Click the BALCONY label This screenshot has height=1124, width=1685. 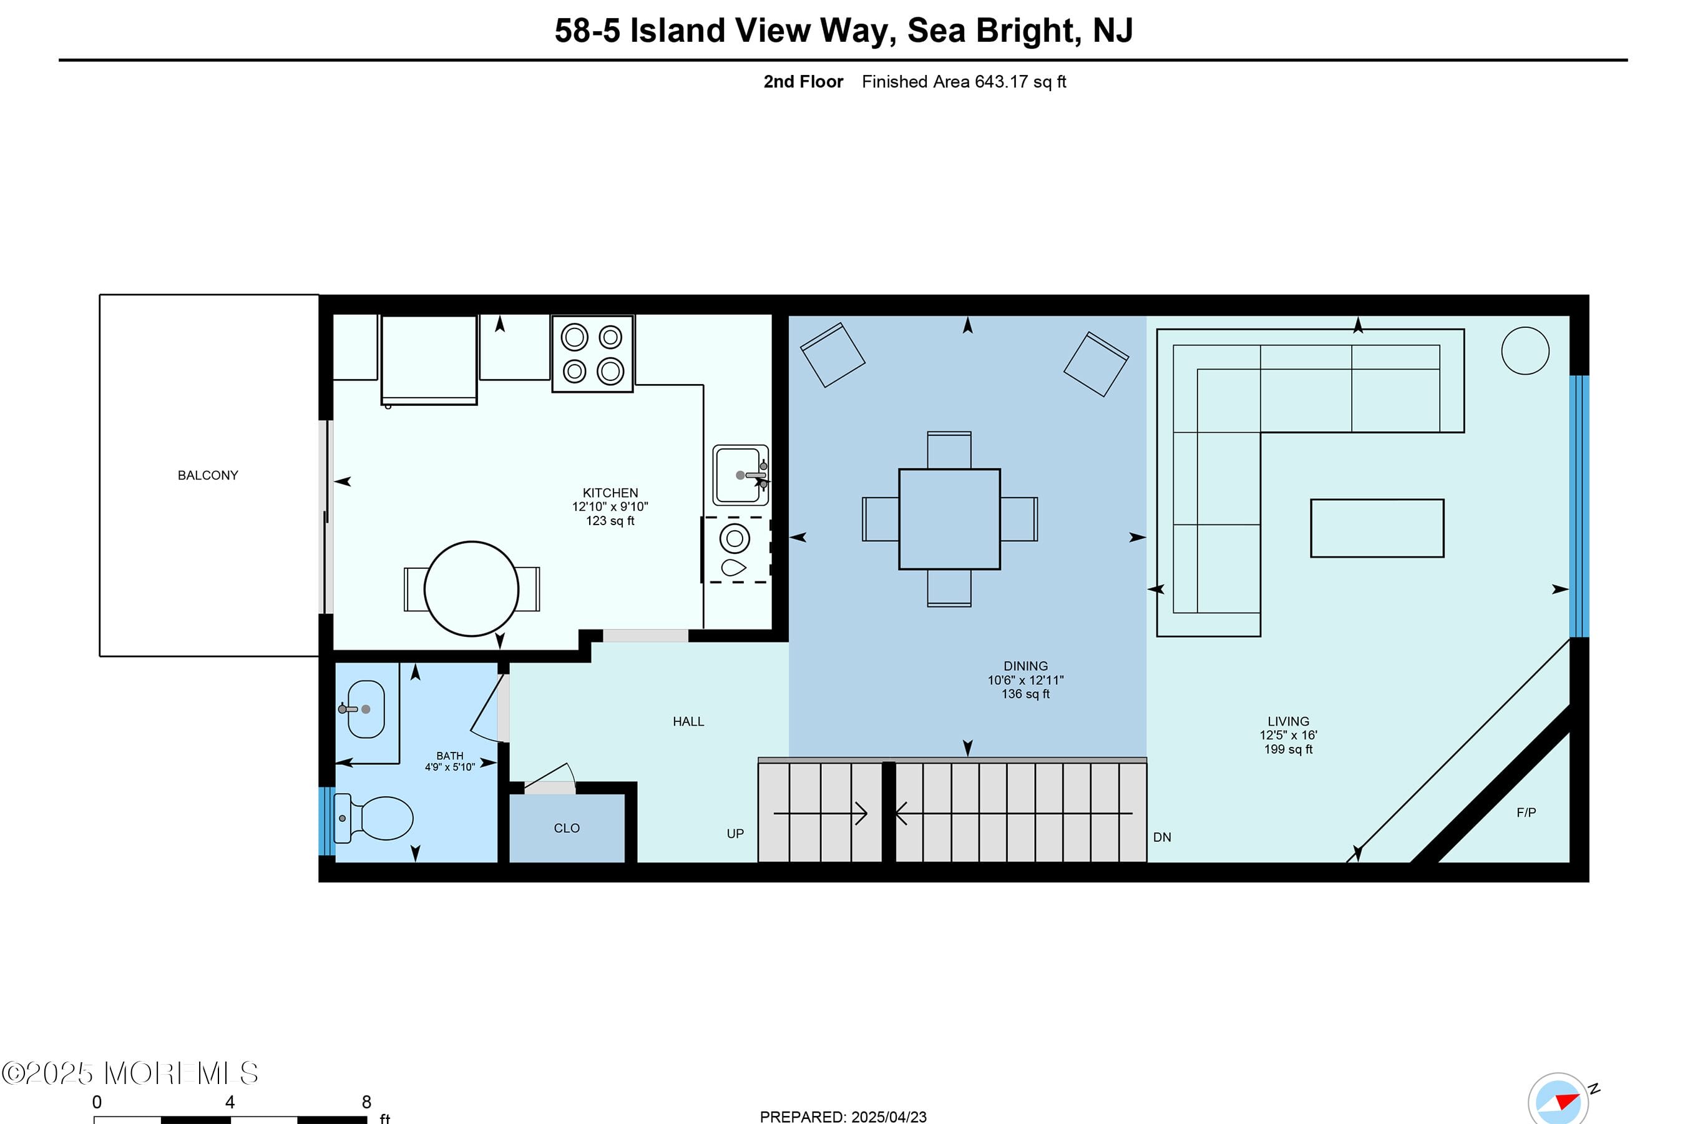click(208, 475)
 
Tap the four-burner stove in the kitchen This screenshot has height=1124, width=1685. click(592, 354)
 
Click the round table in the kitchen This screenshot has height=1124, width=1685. click(471, 588)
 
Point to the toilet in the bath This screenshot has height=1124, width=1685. click(376, 818)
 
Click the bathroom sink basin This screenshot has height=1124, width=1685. click(367, 709)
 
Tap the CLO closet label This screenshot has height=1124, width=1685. click(567, 828)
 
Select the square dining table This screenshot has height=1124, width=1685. click(949, 519)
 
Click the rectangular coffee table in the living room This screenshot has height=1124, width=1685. click(1377, 528)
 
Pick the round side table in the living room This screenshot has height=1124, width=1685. click(1525, 350)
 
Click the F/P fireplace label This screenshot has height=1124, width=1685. click(1526, 812)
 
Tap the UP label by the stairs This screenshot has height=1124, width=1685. click(735, 834)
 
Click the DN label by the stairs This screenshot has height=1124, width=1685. click(1162, 837)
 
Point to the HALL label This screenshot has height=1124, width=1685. click(688, 722)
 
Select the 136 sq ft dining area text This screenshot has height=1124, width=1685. click(1025, 694)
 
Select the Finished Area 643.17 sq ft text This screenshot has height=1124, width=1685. click(964, 82)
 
